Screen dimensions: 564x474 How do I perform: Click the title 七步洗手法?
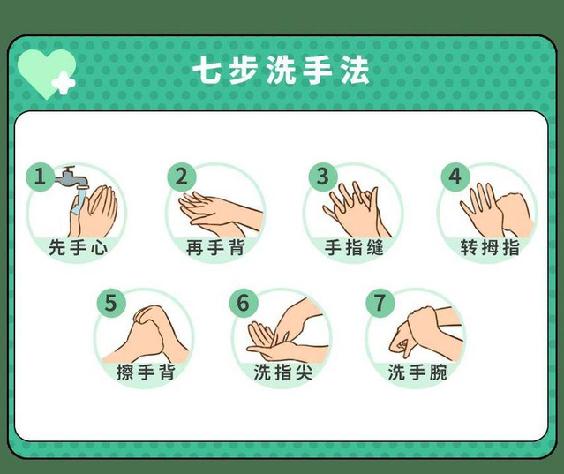click(282, 71)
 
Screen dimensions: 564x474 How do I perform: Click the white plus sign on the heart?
click(64, 84)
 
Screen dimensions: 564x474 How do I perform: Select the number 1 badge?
click(40, 177)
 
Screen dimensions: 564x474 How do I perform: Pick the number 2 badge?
click(182, 177)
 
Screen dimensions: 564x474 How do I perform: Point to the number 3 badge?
click(323, 177)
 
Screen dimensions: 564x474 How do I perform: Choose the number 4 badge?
click(455, 177)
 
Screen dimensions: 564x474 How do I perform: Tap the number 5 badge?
click(111, 303)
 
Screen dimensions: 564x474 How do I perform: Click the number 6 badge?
click(244, 303)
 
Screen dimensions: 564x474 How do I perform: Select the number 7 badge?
click(380, 303)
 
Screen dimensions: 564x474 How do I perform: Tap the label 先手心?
click(78, 247)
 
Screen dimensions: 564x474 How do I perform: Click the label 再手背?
click(216, 247)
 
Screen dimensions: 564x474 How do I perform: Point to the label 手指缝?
click(354, 247)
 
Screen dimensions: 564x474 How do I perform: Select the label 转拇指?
click(490, 247)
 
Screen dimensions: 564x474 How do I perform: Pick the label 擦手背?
click(146, 372)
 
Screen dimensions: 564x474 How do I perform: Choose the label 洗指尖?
click(282, 372)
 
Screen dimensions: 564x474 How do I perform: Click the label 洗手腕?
click(417, 372)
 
